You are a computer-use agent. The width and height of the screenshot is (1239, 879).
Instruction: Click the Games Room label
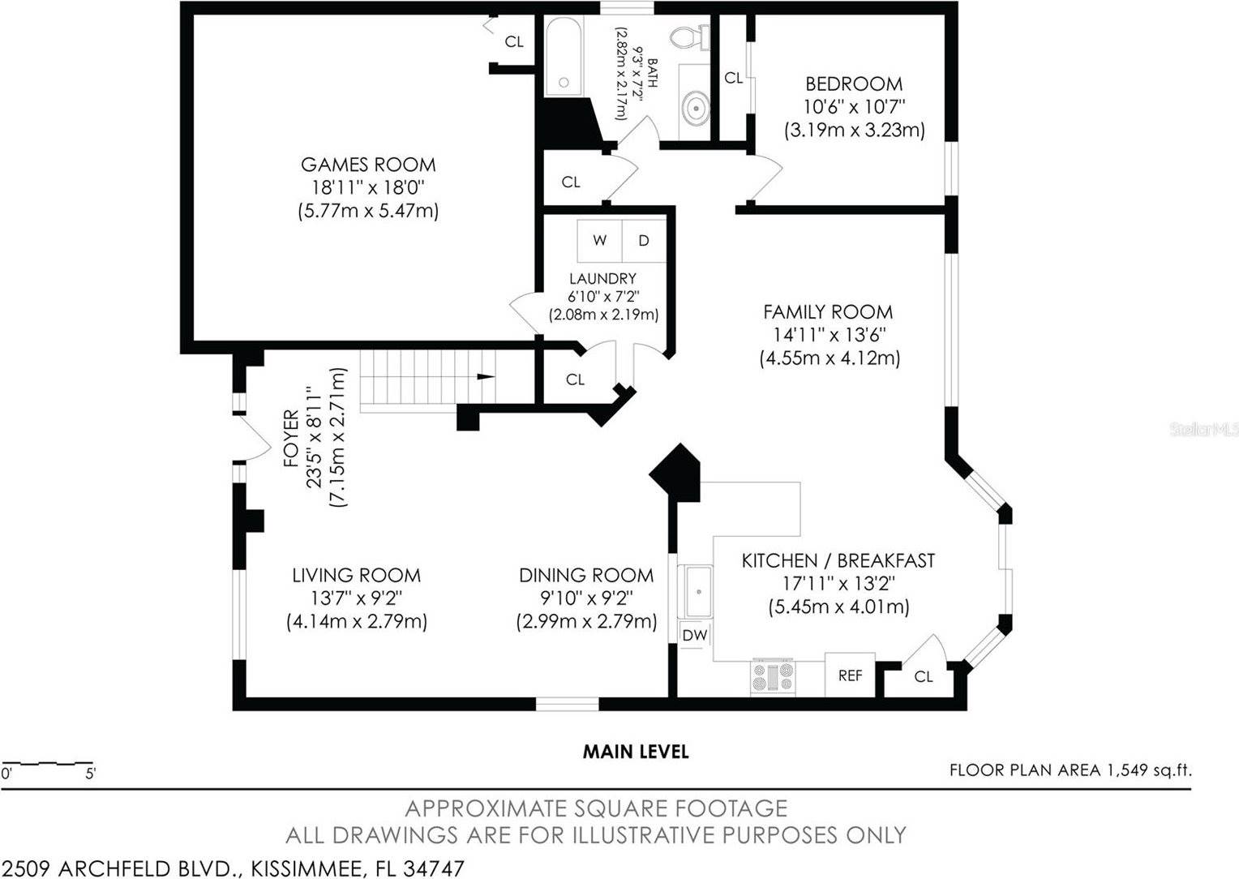point(368,165)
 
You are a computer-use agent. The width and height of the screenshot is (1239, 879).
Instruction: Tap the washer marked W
point(600,240)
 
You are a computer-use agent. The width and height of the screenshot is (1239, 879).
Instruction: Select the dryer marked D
point(644,240)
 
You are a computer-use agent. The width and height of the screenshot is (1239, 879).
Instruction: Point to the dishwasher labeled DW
point(694,636)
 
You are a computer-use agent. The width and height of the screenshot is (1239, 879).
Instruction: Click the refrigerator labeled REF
point(850,675)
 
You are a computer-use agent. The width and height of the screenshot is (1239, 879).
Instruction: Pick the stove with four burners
point(773,676)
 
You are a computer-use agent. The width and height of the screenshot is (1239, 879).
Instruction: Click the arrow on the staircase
point(485,376)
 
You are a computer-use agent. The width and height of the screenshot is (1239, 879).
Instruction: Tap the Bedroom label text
point(854,84)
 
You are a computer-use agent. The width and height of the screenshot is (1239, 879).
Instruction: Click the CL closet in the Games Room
point(514,42)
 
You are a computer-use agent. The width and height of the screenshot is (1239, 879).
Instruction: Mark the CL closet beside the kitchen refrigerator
point(924,676)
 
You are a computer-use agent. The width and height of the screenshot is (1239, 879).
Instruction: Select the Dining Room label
point(586,576)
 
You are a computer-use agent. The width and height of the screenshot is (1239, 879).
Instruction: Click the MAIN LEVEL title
point(636,752)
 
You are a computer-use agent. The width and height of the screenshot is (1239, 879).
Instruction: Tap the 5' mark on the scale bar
point(91,774)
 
